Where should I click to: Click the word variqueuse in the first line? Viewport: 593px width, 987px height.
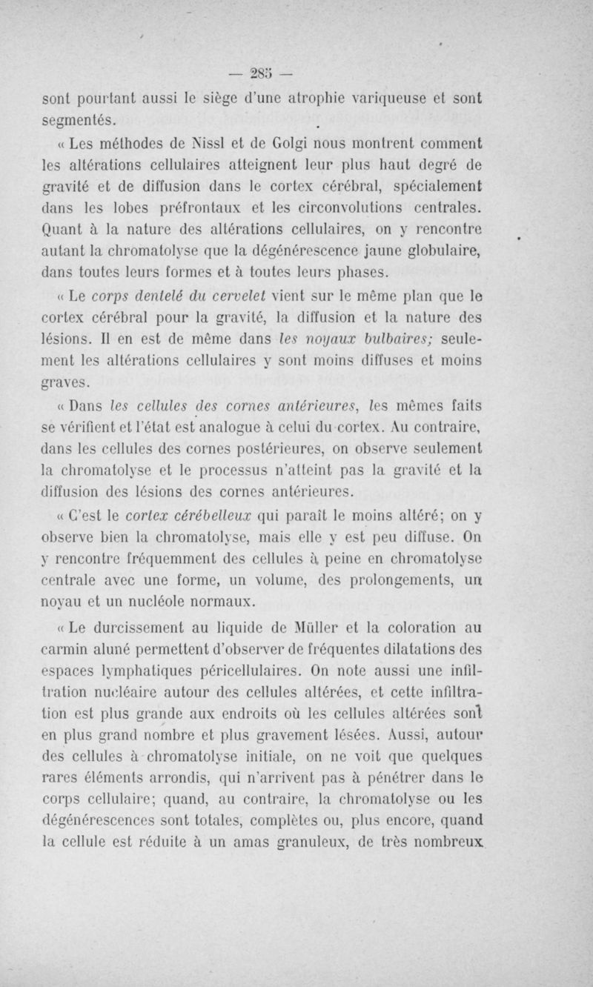(407, 97)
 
